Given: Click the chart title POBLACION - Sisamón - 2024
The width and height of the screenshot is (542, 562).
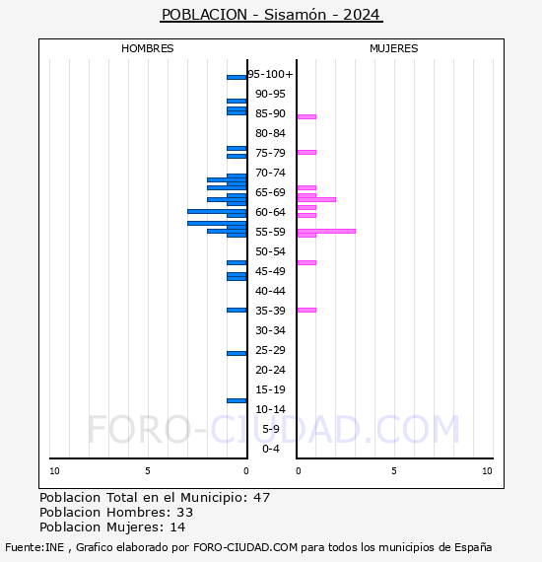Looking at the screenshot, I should pos(271,15).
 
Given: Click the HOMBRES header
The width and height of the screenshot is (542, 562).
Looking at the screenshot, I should pos(148,48).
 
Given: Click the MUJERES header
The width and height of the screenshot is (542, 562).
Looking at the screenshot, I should pos(393,48).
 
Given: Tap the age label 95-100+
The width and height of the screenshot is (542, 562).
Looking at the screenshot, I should pos(270,74).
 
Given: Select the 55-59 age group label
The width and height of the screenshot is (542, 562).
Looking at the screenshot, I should pos(270,232).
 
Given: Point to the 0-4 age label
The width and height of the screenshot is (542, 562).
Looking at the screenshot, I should pos(270,449).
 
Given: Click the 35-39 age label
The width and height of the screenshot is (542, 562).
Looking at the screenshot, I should pos(270,311).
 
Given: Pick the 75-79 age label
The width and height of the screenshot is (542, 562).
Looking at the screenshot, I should pos(270,153).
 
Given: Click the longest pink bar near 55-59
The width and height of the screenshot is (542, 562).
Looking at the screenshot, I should pos(325,231).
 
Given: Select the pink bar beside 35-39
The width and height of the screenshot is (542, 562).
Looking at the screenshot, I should pos(306,310).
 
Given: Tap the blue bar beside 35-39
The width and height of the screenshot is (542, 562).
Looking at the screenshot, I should pos(237,310).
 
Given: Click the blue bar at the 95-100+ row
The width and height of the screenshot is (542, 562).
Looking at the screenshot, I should pos(237,77).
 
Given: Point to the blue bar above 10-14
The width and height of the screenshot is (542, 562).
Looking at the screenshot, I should pos(237,400).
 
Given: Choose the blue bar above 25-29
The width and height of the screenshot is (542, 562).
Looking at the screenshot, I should pos(237,353).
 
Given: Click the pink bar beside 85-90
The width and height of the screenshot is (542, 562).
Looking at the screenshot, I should pos(306,116).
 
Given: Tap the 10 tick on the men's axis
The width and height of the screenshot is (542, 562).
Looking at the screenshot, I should pos(54,471).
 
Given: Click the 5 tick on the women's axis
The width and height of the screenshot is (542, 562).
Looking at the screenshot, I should pos(393,471).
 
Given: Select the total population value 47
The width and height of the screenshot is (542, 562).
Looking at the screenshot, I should pos(261,497).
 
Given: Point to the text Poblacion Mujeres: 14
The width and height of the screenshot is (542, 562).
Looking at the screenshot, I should pos(112,527).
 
